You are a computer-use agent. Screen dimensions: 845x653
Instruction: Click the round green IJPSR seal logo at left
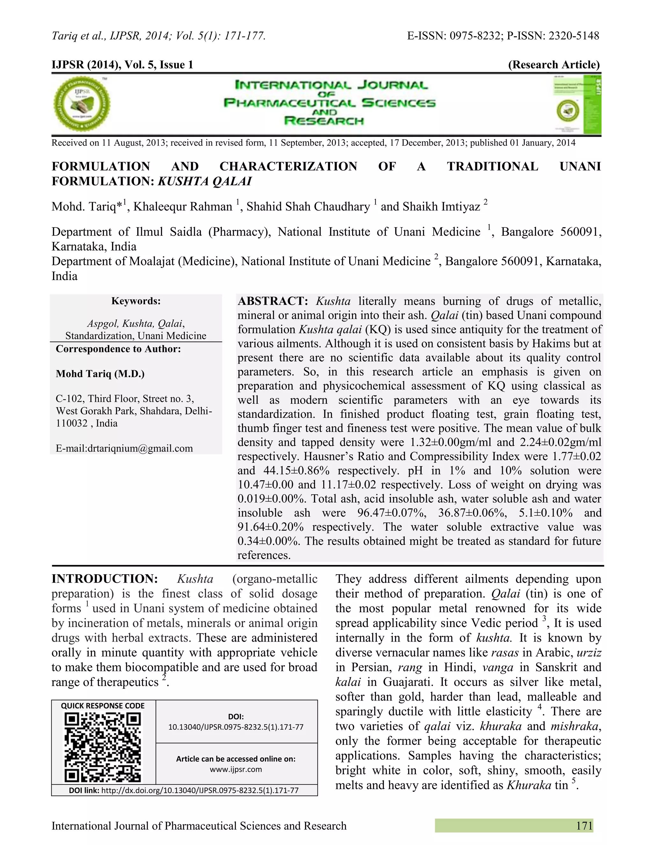tap(81, 104)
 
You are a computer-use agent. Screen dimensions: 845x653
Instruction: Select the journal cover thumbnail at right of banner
tap(576, 105)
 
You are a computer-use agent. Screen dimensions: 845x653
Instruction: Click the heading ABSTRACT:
tap(273, 301)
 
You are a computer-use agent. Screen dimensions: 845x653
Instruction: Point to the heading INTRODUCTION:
tap(105, 579)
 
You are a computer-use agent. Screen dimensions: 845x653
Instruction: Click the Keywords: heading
tap(136, 301)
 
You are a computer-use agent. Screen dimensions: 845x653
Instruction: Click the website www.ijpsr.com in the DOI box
tap(236, 769)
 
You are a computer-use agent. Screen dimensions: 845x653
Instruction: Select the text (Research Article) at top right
tap(554, 65)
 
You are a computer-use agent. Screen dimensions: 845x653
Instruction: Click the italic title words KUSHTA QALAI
tap(205, 181)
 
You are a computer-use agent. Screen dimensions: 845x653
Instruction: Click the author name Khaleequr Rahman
tap(183, 207)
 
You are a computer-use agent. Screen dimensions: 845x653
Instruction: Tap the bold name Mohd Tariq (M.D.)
tap(100, 374)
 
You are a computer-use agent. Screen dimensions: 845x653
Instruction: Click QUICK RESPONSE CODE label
tap(103, 706)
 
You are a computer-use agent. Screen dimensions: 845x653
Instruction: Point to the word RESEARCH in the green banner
tap(324, 121)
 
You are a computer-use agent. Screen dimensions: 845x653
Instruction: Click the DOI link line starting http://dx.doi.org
tap(200, 790)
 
